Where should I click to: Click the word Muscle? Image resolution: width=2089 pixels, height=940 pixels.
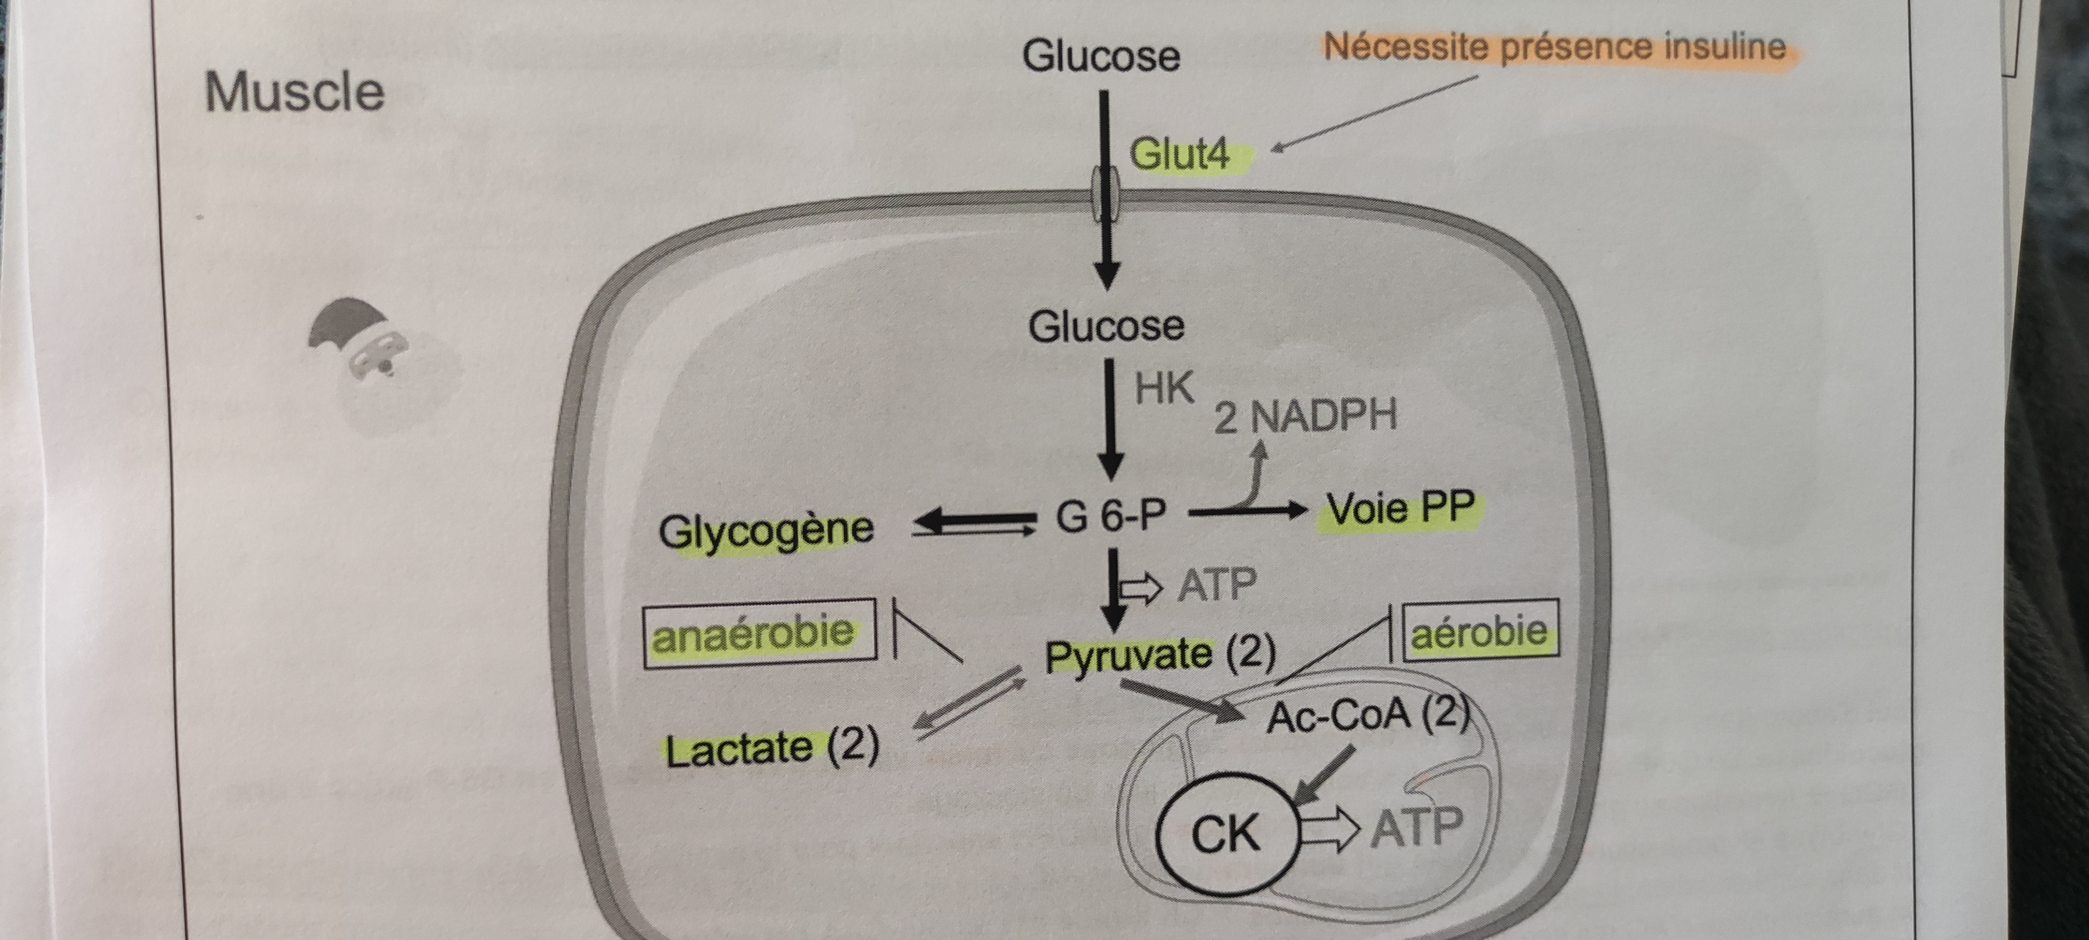[294, 92]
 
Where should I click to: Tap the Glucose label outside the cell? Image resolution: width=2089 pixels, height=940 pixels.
[1100, 56]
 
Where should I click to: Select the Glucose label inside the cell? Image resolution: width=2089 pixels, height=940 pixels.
[1106, 326]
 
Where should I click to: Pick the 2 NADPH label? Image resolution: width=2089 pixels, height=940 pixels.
[1305, 416]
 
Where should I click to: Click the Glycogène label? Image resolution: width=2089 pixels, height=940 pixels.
[766, 531]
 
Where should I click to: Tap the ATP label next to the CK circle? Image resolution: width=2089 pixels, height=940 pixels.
[1416, 828]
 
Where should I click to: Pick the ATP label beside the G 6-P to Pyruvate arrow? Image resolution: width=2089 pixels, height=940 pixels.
[1217, 585]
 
